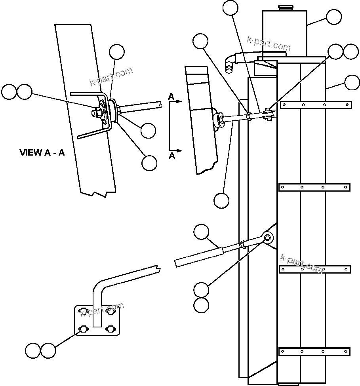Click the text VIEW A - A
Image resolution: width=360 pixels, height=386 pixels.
click(x=42, y=152)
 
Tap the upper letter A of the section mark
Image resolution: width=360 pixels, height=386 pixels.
click(x=171, y=96)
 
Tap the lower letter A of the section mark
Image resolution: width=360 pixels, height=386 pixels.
click(x=172, y=156)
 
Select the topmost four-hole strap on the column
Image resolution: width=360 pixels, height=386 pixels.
click(x=316, y=105)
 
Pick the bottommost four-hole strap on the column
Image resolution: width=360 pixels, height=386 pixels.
click(x=315, y=351)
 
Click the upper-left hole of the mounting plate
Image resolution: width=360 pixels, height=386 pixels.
click(x=84, y=310)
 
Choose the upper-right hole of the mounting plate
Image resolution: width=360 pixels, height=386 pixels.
click(x=110, y=310)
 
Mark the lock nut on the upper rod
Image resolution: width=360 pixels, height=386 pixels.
click(x=250, y=116)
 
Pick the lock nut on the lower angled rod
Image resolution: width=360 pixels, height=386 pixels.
click(x=243, y=243)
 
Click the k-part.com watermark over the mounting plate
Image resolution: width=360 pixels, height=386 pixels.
click(x=102, y=310)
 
